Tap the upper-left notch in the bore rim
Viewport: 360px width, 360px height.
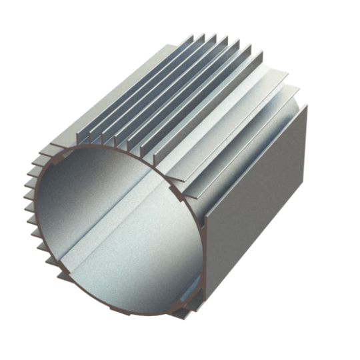[61, 159]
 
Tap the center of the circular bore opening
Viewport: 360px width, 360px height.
[117, 230]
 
